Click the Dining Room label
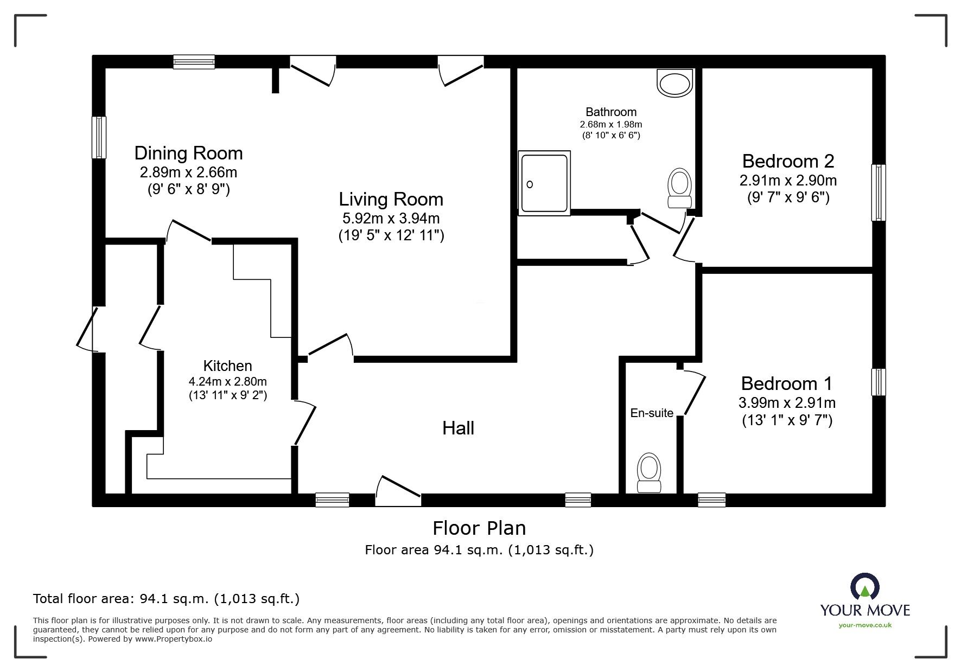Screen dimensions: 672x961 (188, 153)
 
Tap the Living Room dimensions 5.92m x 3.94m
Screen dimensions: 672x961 (391, 219)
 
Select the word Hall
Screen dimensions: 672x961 (458, 428)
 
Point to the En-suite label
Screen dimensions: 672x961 (651, 413)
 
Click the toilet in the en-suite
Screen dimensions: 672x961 (648, 473)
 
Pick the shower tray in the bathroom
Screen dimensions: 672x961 (544, 183)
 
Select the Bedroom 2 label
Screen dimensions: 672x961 (788, 161)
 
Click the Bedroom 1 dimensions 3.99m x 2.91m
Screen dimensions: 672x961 (787, 403)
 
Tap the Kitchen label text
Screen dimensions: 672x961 (227, 366)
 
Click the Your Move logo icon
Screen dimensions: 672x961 (864, 587)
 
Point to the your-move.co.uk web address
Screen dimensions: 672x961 (865, 625)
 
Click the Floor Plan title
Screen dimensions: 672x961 (479, 528)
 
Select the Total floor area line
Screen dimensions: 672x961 (166, 599)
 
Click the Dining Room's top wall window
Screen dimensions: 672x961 (194, 62)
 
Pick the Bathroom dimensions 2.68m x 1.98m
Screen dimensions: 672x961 (610, 125)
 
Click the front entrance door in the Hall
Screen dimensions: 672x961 (398, 492)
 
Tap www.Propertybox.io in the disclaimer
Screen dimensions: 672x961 (173, 639)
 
